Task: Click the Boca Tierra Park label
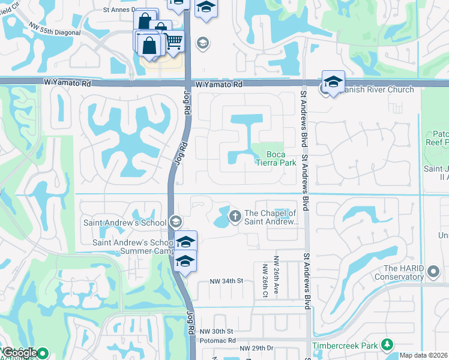(x=276, y=158)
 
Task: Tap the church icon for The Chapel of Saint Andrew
(x=235, y=215)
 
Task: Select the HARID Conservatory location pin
(x=433, y=274)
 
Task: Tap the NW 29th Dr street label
(x=256, y=349)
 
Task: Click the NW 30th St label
(x=216, y=331)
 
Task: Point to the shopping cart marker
(x=173, y=42)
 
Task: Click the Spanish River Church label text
(x=376, y=90)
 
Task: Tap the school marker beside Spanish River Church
(x=333, y=82)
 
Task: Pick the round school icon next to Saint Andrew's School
(x=175, y=222)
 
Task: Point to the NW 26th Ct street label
(x=265, y=277)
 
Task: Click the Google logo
(x=20, y=353)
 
